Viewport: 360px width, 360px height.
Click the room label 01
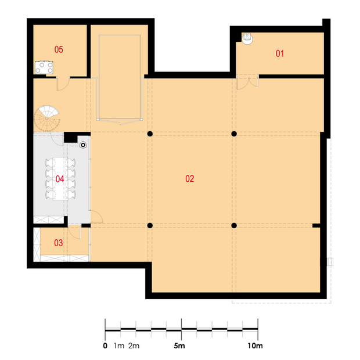[x=280, y=53]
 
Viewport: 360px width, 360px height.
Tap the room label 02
[x=190, y=179]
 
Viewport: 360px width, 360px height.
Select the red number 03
[x=58, y=243]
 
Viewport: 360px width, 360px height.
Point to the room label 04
[x=60, y=179]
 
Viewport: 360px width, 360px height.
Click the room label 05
[x=59, y=49]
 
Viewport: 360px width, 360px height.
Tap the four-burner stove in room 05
[x=44, y=67]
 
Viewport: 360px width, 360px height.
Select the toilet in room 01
[x=247, y=38]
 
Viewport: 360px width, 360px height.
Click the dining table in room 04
[x=60, y=179]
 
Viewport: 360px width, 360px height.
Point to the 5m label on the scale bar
[x=179, y=345]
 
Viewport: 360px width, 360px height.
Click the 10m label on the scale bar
[x=255, y=345]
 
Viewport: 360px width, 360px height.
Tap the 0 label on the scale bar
[x=105, y=345]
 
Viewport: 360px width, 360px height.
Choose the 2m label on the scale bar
[x=134, y=345]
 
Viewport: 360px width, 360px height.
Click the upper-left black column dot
[x=150, y=134]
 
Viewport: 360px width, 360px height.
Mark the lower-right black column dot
[x=234, y=225]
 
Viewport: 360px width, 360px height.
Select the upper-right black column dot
[x=234, y=134]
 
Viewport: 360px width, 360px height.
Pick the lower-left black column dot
[x=150, y=225]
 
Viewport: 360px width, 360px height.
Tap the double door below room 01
[x=247, y=83]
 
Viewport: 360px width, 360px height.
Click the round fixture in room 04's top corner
[x=83, y=145]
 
